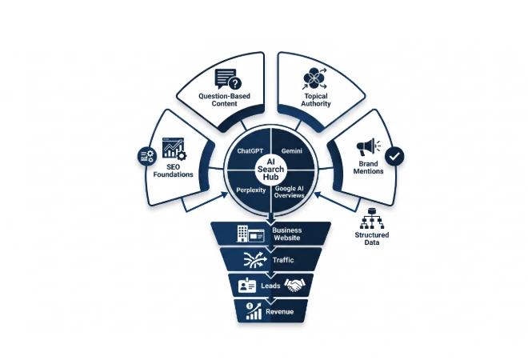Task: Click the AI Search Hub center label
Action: (270, 170)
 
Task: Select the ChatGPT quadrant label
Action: (250, 151)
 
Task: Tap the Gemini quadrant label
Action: (292, 151)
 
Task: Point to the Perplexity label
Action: (251, 190)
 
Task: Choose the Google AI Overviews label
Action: (290, 192)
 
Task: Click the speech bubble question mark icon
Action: (228, 79)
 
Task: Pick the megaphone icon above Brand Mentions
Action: (368, 147)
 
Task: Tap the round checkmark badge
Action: (394, 156)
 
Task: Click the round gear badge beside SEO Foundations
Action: (147, 156)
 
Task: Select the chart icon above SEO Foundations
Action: (174, 148)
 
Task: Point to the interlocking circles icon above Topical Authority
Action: (314, 78)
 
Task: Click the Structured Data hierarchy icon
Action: (372, 218)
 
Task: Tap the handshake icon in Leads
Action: (294, 286)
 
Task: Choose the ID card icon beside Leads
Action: (247, 286)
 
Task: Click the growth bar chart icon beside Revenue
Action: (254, 310)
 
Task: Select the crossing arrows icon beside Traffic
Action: (255, 260)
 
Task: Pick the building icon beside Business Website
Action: (250, 234)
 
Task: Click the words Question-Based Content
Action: (224, 100)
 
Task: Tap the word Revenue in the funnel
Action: (279, 311)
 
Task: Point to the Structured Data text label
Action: (372, 238)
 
